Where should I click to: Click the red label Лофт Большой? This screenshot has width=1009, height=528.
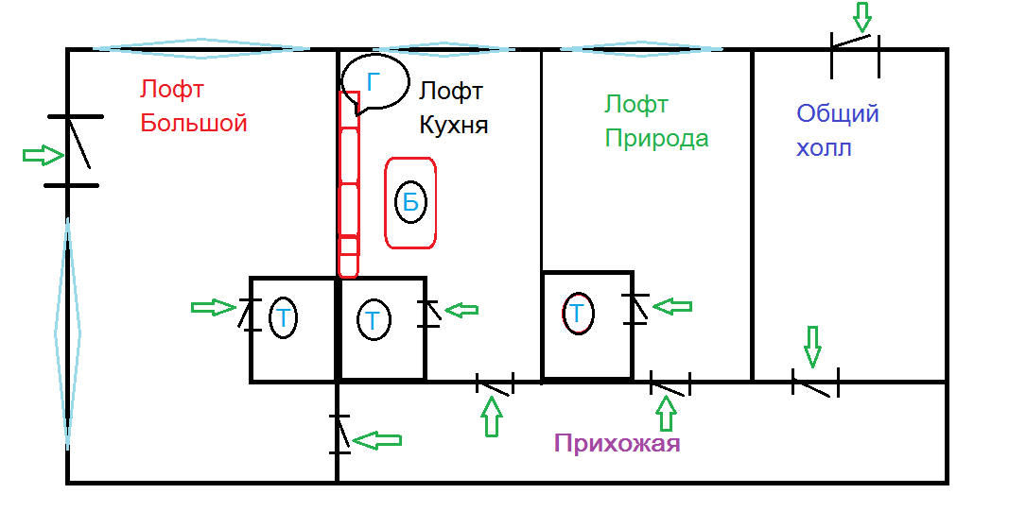193,106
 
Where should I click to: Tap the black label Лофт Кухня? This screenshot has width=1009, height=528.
454,108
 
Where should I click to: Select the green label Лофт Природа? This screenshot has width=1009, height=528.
656,121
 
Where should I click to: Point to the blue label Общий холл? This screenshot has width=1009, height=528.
837,130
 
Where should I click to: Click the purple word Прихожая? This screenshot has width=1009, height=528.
617,443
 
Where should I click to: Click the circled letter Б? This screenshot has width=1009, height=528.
410,202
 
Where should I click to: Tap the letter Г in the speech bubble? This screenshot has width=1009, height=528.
373,82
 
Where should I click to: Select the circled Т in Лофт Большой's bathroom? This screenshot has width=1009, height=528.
283,318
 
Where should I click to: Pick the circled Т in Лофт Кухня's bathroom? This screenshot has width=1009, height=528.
374,320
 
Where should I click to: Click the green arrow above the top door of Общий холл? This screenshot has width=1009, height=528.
861,16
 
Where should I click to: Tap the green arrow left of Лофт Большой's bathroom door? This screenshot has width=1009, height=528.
213,307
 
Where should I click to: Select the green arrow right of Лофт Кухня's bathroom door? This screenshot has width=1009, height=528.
462,309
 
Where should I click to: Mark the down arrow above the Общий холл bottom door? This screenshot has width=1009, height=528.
811,347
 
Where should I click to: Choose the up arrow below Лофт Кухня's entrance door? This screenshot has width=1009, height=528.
491,416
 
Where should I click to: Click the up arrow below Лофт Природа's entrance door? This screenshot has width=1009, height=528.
667,414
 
